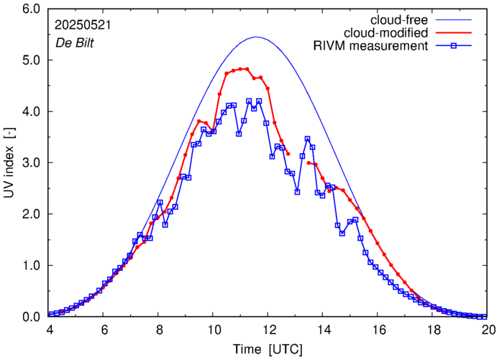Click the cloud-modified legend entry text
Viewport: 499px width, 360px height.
[388, 33]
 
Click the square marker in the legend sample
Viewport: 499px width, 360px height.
[454, 47]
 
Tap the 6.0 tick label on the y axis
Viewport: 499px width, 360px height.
[32, 9]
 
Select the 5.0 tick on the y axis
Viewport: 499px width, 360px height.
[32, 61]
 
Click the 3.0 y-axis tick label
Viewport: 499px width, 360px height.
[32, 163]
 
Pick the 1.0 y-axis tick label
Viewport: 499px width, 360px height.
[32, 266]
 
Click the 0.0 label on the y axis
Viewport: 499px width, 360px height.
[32, 317]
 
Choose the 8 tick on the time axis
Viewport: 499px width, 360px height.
[158, 330]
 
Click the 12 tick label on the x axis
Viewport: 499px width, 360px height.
[268, 330]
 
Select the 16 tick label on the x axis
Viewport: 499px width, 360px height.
[378, 330]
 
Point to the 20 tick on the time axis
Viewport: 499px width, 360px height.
[488, 330]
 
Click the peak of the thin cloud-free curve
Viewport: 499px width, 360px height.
[257, 37]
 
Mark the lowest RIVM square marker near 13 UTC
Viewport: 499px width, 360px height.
[297, 192]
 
